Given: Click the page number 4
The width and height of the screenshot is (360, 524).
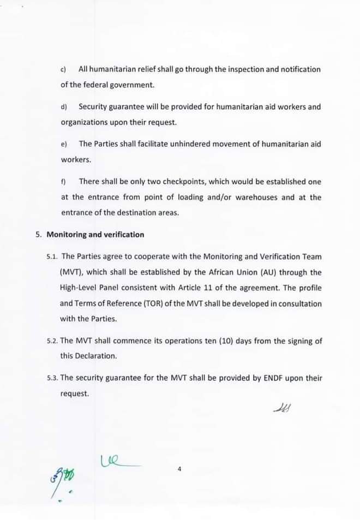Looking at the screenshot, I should (179, 468).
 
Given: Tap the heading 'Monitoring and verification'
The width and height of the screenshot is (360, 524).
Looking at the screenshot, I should (95, 235).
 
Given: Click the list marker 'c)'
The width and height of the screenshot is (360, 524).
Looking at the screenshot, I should (63, 70).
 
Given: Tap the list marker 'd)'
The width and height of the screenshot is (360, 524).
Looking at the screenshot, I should (63, 107).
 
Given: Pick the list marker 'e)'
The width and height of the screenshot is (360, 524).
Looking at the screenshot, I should (63, 144).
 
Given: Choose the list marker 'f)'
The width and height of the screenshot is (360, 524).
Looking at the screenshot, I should (63, 182).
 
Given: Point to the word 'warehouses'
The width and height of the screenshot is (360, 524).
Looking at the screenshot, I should (259, 197).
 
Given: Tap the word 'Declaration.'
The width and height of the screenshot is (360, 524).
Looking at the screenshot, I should (88, 356).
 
